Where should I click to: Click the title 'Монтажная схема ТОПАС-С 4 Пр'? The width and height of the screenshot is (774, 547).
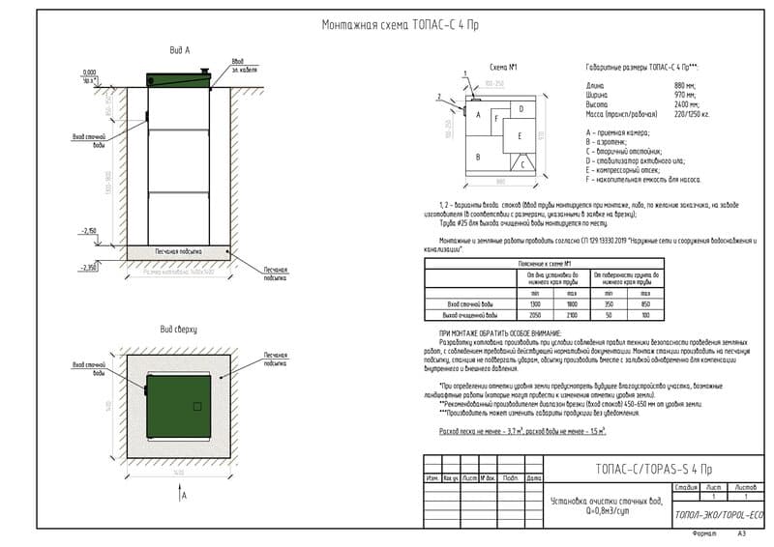[400, 26]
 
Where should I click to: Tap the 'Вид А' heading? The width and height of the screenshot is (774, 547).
[180, 49]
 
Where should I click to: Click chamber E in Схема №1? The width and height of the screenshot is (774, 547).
[520, 135]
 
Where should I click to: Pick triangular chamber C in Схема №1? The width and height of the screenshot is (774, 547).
[522, 164]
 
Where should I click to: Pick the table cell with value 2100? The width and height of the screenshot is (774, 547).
[573, 316]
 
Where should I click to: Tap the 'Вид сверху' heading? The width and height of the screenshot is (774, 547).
[178, 331]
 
